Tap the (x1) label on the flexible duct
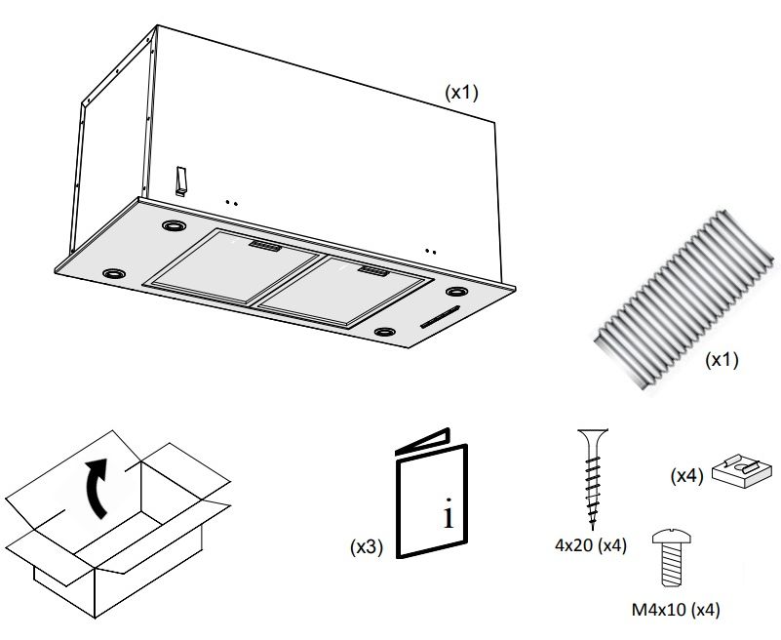(x=722, y=359)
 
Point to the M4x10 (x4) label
(x=676, y=611)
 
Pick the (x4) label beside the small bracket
(x=687, y=476)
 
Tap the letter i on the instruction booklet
(x=448, y=514)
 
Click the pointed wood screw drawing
(x=592, y=477)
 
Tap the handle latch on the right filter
(x=372, y=269)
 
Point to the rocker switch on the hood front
(x=181, y=180)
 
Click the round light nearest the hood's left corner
(x=114, y=270)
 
